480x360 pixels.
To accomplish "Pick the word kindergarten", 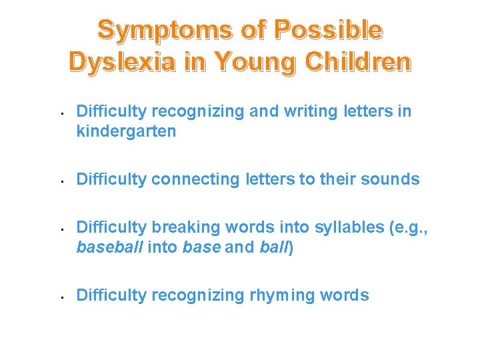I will click(x=126, y=131).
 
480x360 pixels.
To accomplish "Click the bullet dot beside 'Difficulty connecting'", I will click(x=61, y=180).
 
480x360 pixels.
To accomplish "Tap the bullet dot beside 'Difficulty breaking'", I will click(x=61, y=228).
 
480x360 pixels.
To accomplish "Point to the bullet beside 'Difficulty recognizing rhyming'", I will click(x=61, y=296).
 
